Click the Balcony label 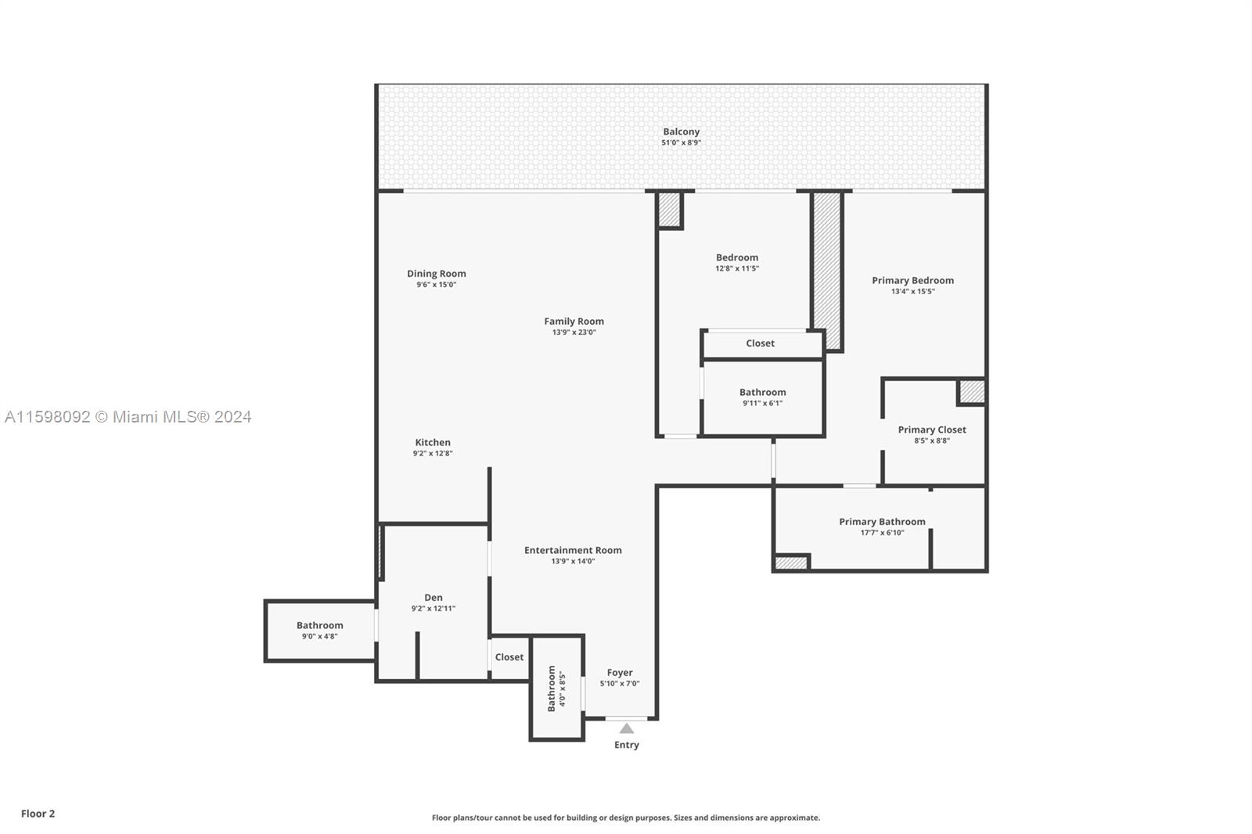[x=681, y=132]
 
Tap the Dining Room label [x=436, y=274]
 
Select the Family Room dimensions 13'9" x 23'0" [x=574, y=333]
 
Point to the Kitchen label [x=433, y=443]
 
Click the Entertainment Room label [x=573, y=551]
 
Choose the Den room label [x=434, y=598]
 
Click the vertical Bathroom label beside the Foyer [x=552, y=688]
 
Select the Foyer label [x=620, y=673]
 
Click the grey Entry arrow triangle [x=627, y=728]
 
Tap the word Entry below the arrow [x=627, y=745]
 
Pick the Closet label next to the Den [x=509, y=657]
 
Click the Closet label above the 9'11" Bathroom [x=760, y=343]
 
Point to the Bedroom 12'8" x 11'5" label [x=737, y=258]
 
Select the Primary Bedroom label [x=912, y=281]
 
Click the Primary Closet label [x=932, y=430]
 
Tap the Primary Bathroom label [x=882, y=522]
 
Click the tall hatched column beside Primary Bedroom [x=826, y=270]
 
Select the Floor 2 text [x=38, y=814]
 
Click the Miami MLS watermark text [x=128, y=417]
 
